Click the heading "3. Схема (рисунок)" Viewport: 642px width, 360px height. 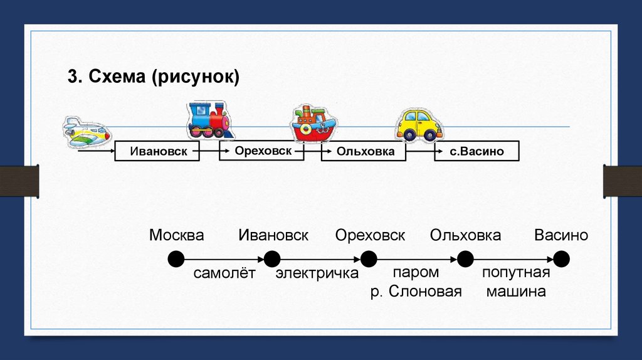pos(154,78)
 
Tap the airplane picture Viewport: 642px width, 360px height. pos(86,132)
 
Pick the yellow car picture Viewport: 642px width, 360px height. pos(419,125)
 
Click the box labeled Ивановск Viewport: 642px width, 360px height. pos(157,152)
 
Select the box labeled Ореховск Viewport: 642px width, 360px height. pos(261,151)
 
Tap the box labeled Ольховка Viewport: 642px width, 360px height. pos(364,152)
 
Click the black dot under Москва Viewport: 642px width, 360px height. pos(176,259)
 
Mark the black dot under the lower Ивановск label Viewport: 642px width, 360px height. pos(272,259)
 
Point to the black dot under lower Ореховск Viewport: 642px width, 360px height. pos(369,259)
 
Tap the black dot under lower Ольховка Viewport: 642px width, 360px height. pos(465,259)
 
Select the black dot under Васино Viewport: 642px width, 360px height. pos(561,259)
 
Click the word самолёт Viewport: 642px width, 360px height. pos(224,274)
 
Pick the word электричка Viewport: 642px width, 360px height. pos(317,274)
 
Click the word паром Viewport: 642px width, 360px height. pos(416,273)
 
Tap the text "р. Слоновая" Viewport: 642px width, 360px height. pos(416,292)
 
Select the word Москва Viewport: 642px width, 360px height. pos(177,236)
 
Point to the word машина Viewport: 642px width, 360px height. pos(516,292)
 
